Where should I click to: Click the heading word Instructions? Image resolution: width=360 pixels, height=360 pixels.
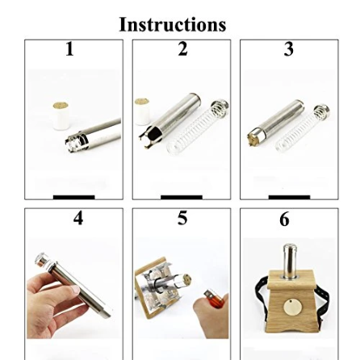(173, 24)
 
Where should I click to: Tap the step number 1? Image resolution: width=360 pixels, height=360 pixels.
(69, 49)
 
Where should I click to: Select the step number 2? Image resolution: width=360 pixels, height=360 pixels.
(182, 49)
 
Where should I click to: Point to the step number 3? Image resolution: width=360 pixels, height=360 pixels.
(289, 49)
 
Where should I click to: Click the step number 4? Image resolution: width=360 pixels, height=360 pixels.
(78, 218)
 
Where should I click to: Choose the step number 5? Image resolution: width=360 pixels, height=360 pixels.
(182, 218)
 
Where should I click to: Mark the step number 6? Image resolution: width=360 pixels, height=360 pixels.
(284, 220)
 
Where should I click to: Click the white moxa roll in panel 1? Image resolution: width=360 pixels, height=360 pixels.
(61, 115)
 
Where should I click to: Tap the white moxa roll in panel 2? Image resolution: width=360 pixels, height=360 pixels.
(142, 111)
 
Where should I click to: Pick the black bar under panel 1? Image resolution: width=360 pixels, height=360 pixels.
(74, 197)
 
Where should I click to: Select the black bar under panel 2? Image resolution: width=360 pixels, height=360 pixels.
(182, 197)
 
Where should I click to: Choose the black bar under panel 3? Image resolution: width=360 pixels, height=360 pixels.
(289, 197)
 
